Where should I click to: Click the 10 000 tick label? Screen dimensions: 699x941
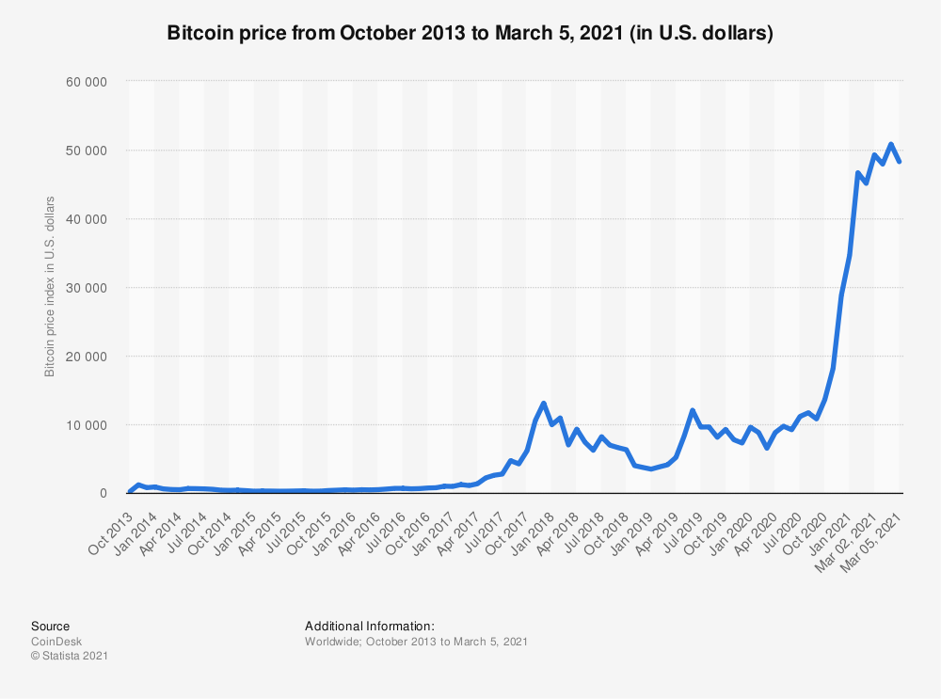88,425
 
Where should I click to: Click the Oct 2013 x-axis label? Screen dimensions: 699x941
111,526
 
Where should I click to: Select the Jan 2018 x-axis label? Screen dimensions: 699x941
526,526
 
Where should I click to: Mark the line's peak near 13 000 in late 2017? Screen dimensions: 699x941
544,404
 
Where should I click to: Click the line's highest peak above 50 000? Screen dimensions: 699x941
890,145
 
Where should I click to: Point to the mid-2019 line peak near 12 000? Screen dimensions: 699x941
693,410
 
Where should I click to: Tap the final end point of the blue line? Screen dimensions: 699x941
901,162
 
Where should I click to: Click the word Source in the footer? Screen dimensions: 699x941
50,626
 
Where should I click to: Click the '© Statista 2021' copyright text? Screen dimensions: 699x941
70,656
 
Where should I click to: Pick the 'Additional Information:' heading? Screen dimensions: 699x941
369,626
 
